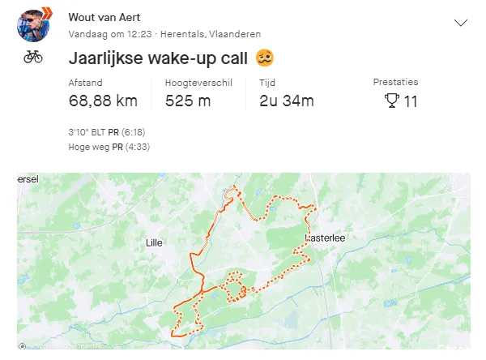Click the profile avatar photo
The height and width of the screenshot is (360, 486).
[x=33, y=25]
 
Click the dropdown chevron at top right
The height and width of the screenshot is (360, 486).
[x=461, y=23]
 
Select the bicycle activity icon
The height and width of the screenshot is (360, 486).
[x=33, y=57]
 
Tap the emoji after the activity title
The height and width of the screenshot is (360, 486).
[x=263, y=58]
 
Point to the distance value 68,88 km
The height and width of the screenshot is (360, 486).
[x=103, y=101]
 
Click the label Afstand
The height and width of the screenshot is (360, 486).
[x=84, y=83]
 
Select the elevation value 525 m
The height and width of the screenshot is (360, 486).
[x=188, y=101]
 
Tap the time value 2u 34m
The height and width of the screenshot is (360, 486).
[x=286, y=101]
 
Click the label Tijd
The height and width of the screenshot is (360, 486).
[x=267, y=83]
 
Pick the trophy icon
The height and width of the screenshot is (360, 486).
[x=391, y=101]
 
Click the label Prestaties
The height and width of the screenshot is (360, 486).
[x=395, y=83]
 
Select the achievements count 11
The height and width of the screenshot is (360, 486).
[x=411, y=101]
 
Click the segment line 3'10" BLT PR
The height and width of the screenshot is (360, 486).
[x=107, y=132]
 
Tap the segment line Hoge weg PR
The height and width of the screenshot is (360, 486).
[x=109, y=147]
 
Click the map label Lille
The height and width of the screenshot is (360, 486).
[x=154, y=242]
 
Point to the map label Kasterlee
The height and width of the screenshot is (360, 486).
[x=324, y=238]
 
